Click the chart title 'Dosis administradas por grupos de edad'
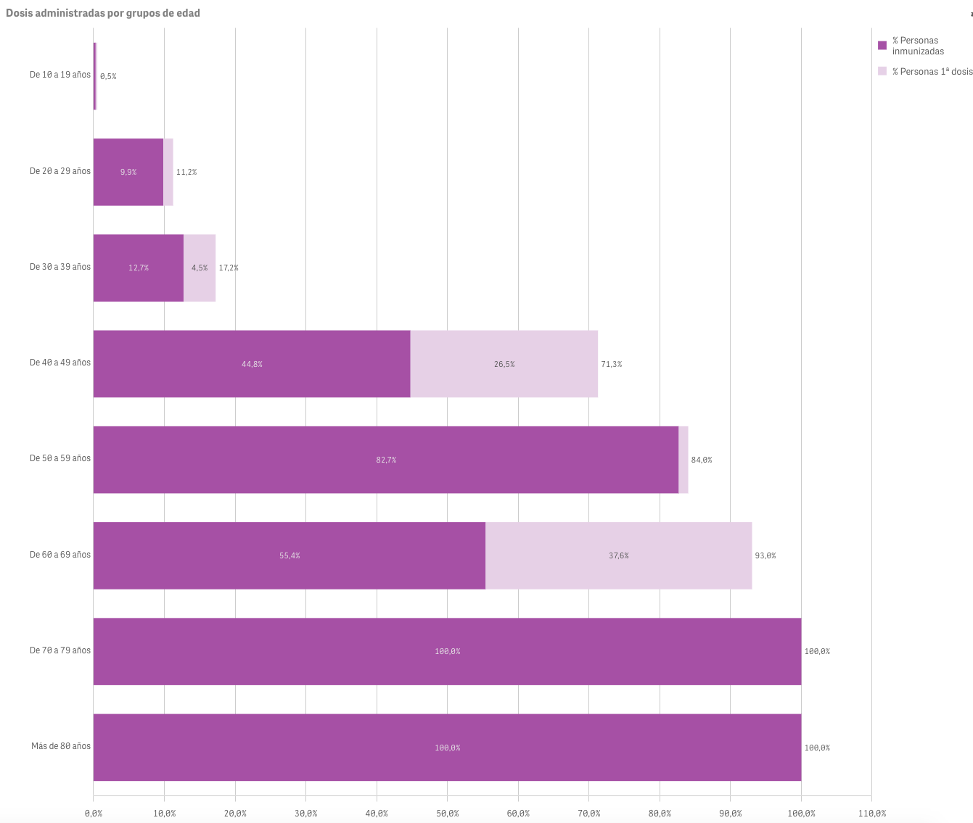pos(103,13)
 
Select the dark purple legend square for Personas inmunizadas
pos(882,45)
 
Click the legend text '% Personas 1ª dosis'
pos(932,72)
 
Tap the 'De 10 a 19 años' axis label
pos(60,75)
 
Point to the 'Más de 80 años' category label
pos(61,746)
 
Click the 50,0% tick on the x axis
pos(447,814)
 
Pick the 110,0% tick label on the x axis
pos(871,814)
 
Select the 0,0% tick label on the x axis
pos(94,814)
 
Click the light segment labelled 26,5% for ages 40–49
pos(504,364)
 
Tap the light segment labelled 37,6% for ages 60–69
pos(619,555)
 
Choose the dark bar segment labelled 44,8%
pos(252,364)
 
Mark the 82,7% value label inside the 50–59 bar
pos(386,460)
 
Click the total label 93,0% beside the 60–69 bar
pos(765,556)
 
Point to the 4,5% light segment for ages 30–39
pos(200,268)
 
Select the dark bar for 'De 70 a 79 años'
pos(447,651)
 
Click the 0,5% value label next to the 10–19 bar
pos(108,76)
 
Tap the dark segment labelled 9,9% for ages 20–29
pos(128,172)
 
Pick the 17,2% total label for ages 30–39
pos(229,268)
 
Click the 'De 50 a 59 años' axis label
pos(60,458)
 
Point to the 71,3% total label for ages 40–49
pos(612,364)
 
